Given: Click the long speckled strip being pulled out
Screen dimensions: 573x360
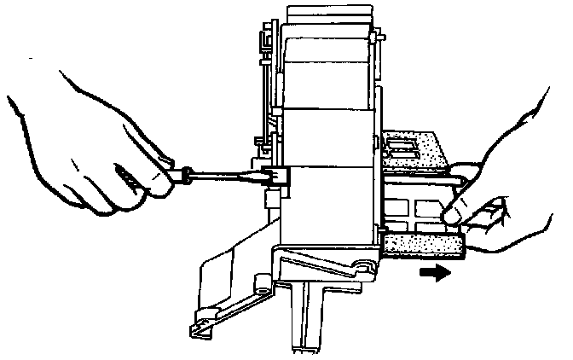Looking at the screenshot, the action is [x=422, y=247].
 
